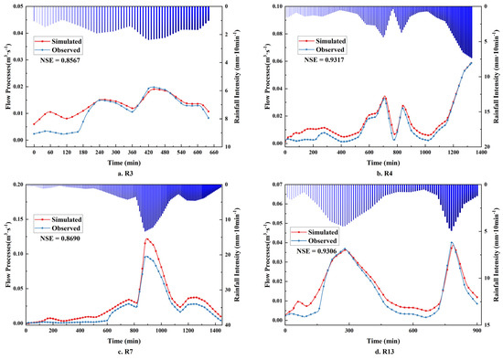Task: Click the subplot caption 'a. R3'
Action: click(125, 172)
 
